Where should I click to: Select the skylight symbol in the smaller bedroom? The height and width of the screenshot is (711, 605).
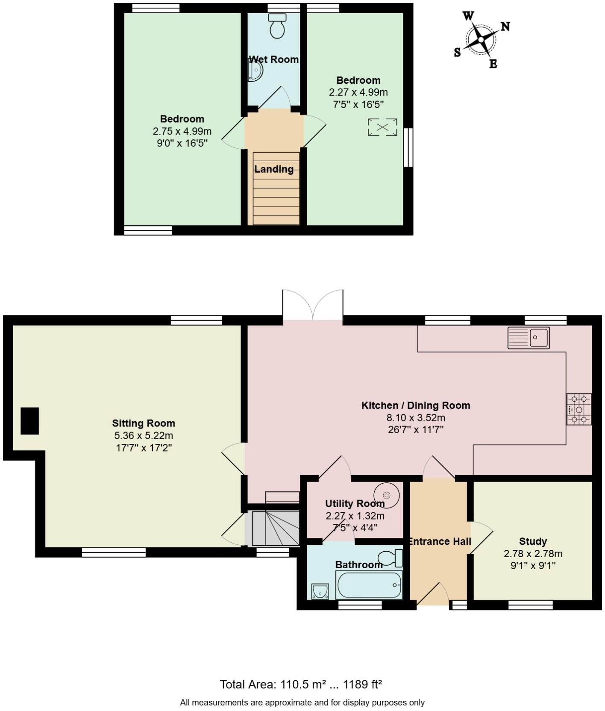(x=382, y=127)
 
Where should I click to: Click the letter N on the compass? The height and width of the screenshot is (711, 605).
(x=505, y=26)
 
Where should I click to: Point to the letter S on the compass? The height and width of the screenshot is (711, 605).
(x=457, y=53)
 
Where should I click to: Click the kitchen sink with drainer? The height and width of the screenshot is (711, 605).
(x=529, y=338)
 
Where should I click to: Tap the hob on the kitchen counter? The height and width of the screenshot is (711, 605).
(x=579, y=409)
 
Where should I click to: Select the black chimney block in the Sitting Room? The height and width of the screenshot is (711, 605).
(x=30, y=421)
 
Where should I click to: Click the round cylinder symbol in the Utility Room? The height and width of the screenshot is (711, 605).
(x=387, y=495)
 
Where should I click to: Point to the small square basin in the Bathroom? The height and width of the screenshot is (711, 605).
(x=320, y=591)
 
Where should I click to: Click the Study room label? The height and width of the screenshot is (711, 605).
(x=533, y=541)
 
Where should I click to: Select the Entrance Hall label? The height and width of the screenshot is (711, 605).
(x=439, y=541)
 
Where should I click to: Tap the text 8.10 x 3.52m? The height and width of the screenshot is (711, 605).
(x=416, y=417)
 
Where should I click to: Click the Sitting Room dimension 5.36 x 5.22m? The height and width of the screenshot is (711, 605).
(x=144, y=435)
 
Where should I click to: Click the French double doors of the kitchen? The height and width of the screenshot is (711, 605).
(x=313, y=306)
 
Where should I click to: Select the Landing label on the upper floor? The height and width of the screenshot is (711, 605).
(x=274, y=169)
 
